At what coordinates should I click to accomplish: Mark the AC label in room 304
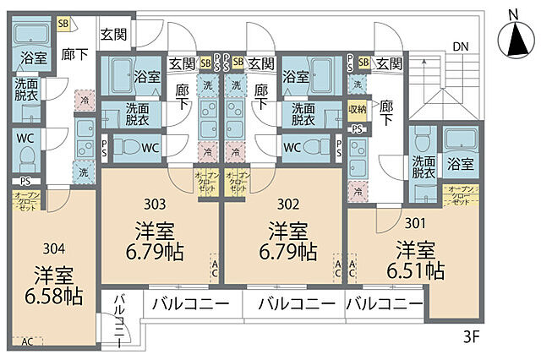click(27, 341)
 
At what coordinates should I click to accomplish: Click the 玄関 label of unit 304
click(113, 35)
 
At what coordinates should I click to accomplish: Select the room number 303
click(154, 204)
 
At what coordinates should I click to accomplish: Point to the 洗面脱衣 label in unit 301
click(424, 166)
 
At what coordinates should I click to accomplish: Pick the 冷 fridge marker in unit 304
click(85, 100)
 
